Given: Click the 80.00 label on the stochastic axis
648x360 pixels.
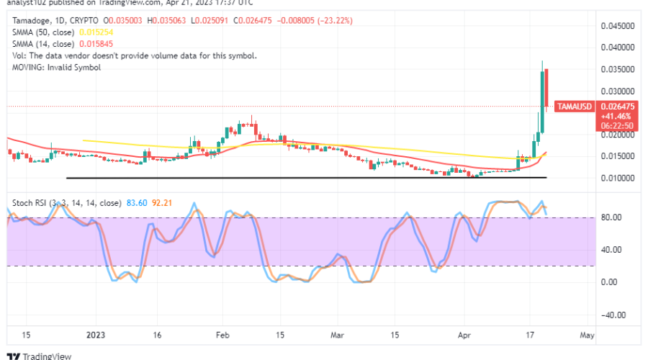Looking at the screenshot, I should (x=611, y=217).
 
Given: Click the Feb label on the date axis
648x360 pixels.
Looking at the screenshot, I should (x=222, y=335).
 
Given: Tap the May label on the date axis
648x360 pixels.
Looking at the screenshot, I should (x=588, y=335).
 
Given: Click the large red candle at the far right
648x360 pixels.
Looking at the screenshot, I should (x=547, y=87).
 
